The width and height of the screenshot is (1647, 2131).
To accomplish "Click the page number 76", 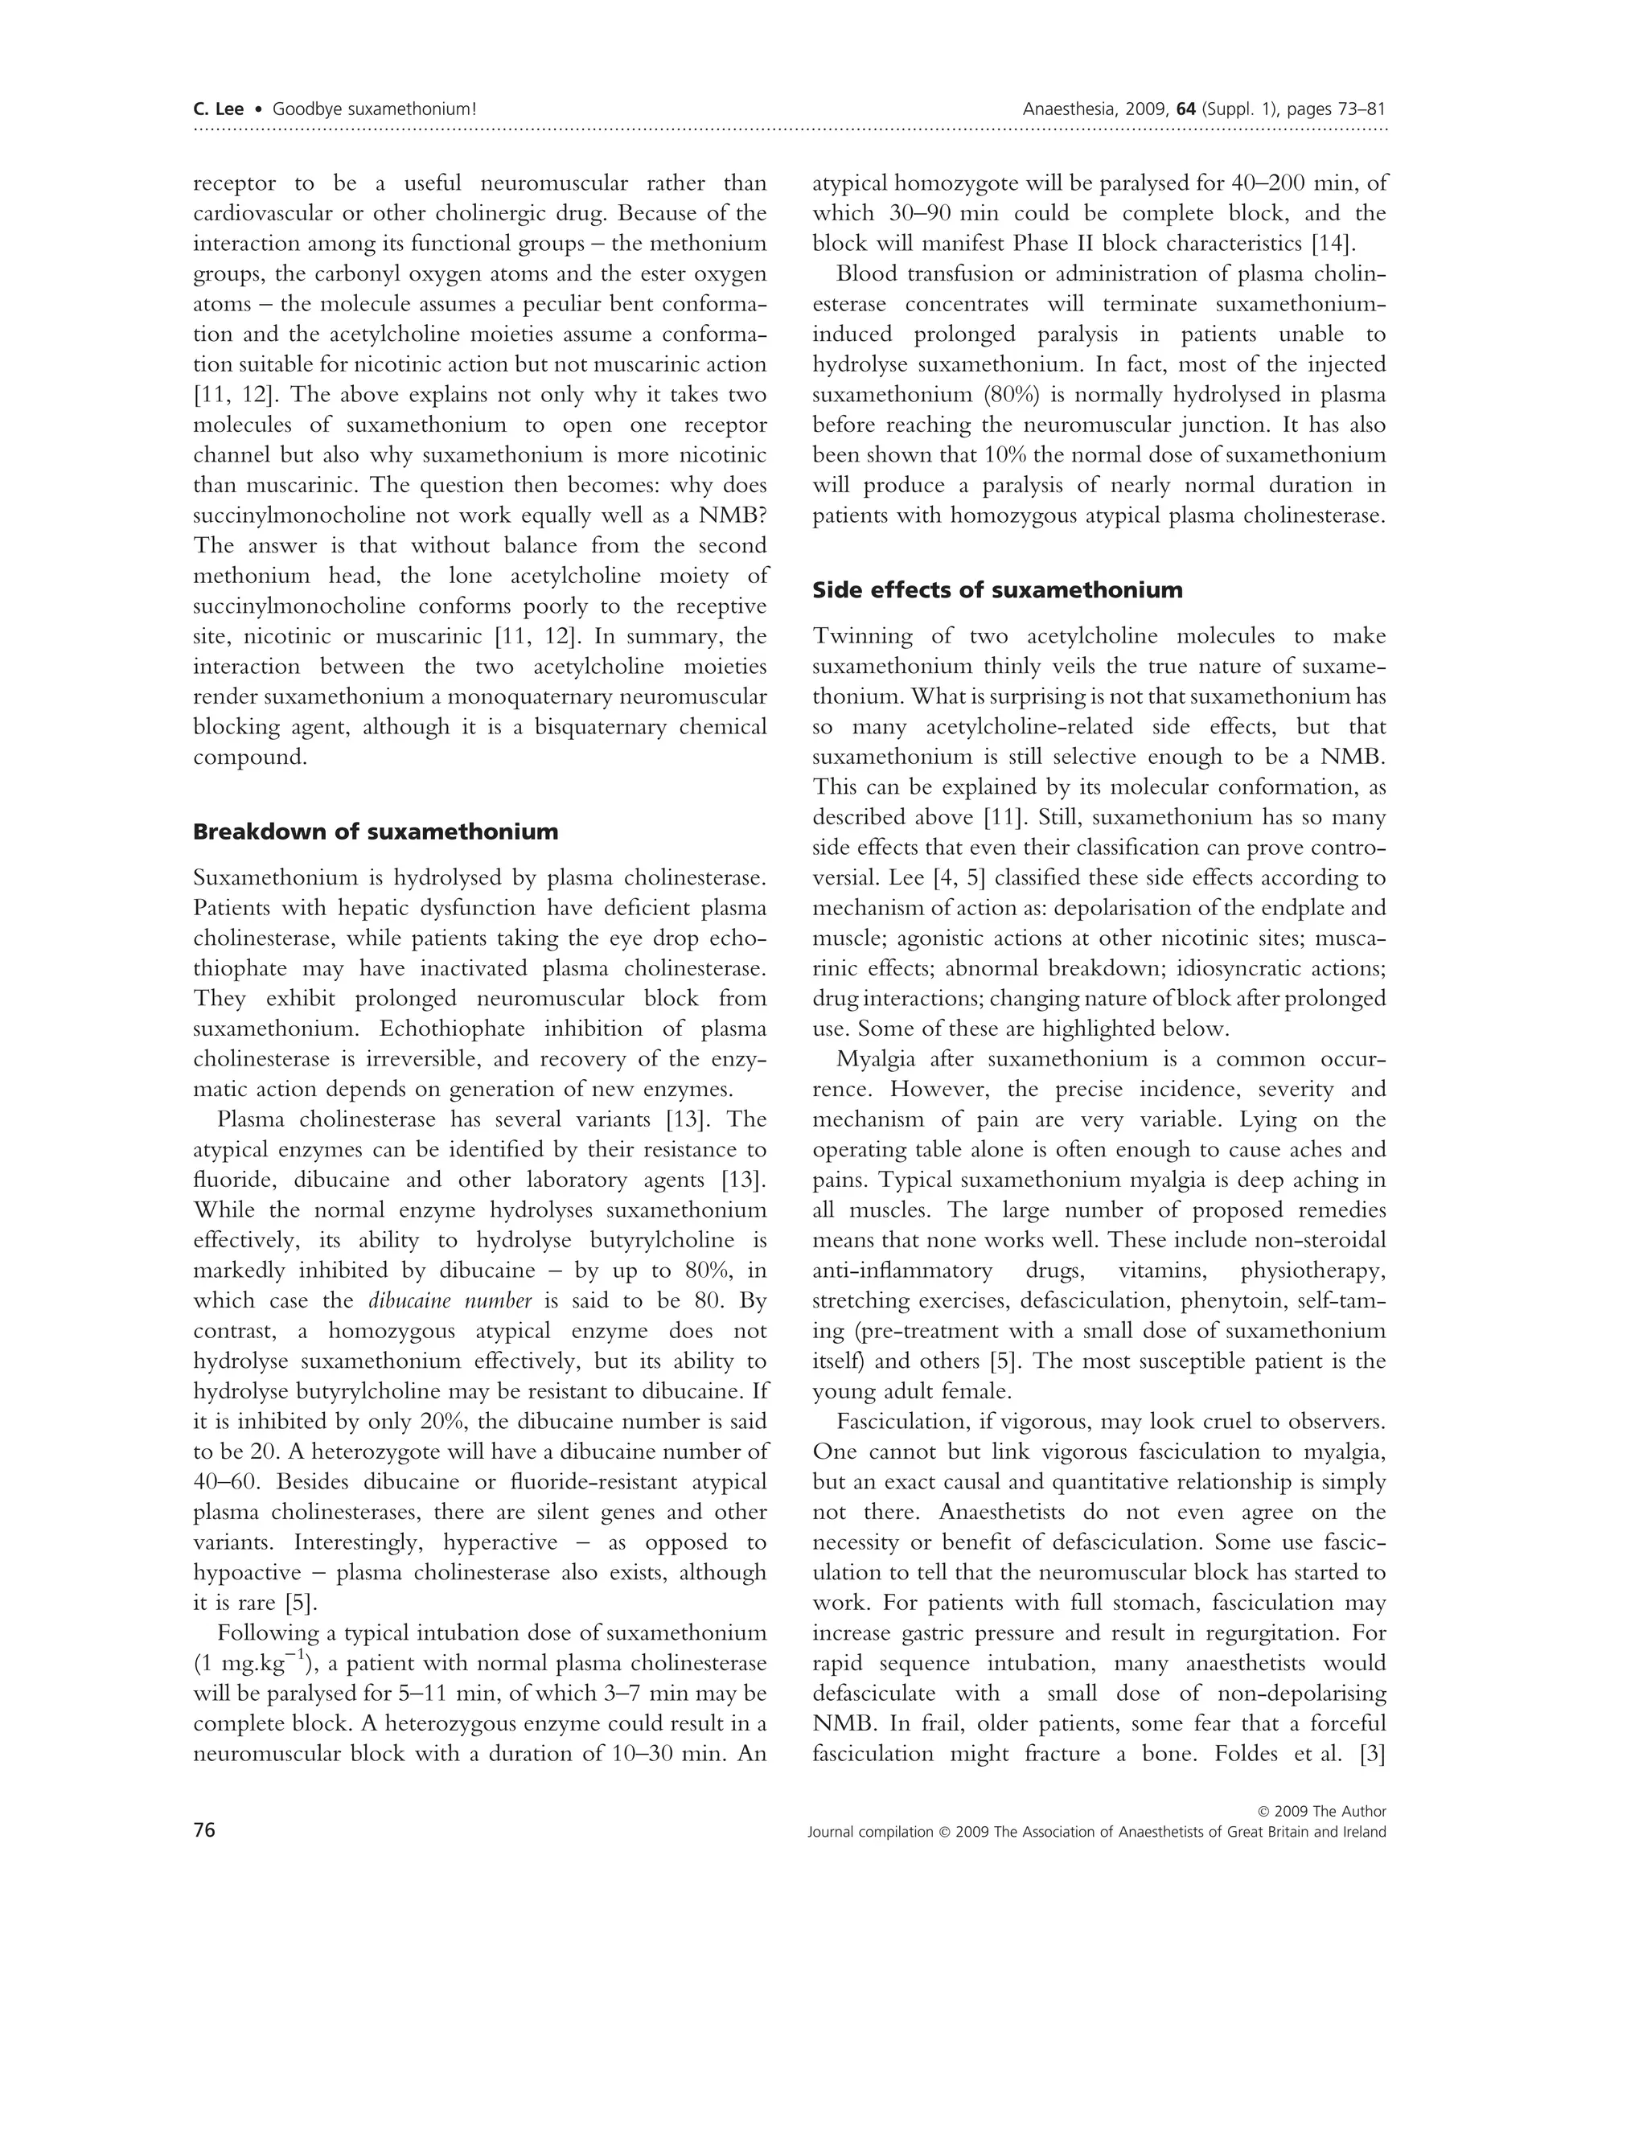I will [204, 1829].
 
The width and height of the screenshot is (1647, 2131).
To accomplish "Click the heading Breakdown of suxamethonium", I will [376, 832].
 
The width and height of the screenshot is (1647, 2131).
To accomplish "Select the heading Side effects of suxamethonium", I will [997, 590].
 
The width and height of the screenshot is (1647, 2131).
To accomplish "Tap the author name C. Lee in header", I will [219, 109].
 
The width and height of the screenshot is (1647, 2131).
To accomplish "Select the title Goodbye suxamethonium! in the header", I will [374, 109].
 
